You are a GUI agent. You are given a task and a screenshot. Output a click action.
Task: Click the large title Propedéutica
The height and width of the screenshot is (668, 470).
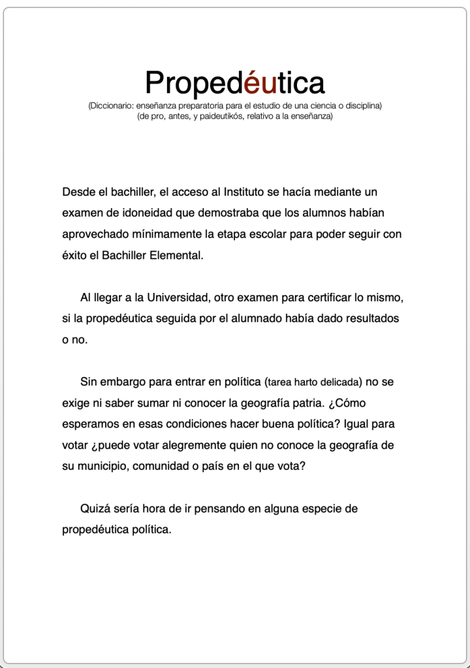tap(235, 83)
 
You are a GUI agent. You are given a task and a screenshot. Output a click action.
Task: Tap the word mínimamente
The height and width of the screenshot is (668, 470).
tap(178, 234)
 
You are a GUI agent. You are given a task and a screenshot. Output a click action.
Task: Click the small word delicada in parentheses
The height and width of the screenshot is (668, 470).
tap(338, 382)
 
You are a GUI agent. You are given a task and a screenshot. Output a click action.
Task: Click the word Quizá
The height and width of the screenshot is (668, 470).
tap(95, 509)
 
